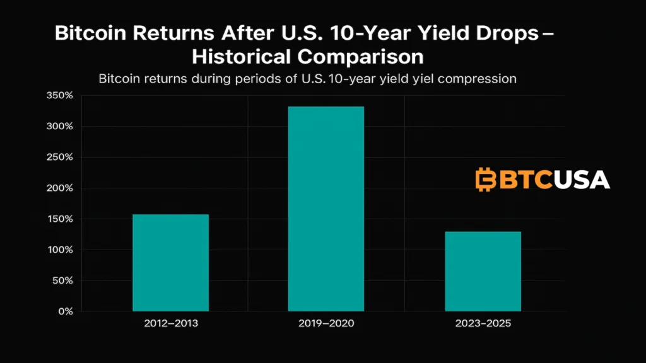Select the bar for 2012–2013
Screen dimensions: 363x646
coord(170,263)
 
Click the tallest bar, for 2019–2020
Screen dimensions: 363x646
coord(326,209)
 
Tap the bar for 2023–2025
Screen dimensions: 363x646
coord(483,272)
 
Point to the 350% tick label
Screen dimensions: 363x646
coord(61,96)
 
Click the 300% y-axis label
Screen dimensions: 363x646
coord(61,127)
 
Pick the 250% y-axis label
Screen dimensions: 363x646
coord(61,158)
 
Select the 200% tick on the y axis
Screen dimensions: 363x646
coord(61,188)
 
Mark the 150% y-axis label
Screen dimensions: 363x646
coord(61,219)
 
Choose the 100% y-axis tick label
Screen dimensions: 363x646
coord(61,250)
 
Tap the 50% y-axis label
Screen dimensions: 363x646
coord(63,281)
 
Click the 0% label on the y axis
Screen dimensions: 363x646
coord(66,311)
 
